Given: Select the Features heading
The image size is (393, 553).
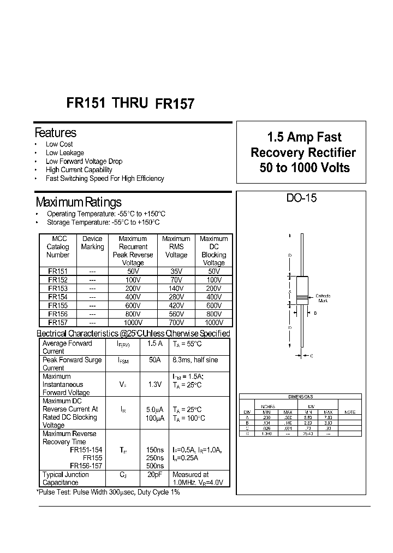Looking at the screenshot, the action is (56, 133).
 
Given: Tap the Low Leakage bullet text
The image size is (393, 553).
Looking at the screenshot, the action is (65, 153).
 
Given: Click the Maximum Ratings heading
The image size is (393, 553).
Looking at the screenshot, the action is (78, 202).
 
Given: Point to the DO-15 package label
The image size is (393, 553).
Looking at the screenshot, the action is (301, 198).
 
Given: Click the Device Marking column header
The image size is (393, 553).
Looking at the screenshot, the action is (92, 243).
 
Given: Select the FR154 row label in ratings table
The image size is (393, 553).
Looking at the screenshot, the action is (57, 297).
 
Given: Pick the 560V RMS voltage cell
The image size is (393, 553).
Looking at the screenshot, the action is (176, 314).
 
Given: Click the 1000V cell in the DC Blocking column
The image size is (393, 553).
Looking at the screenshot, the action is (213, 322).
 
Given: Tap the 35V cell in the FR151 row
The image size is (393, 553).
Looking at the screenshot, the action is (176, 272).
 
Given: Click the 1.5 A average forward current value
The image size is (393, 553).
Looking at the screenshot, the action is (155, 344).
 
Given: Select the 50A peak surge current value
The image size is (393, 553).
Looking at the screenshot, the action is (155, 360).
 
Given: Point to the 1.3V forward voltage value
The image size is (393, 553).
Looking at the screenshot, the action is (155, 385).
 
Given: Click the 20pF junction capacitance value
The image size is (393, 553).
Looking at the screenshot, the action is (155, 475).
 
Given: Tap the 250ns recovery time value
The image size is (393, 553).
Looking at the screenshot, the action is (155, 457).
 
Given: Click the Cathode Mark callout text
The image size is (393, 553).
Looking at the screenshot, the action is (323, 298).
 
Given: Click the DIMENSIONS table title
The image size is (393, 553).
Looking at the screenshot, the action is (300, 397).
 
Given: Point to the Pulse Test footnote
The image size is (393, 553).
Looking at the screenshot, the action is (108, 492).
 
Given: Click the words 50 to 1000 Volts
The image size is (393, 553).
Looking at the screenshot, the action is (304, 168).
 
